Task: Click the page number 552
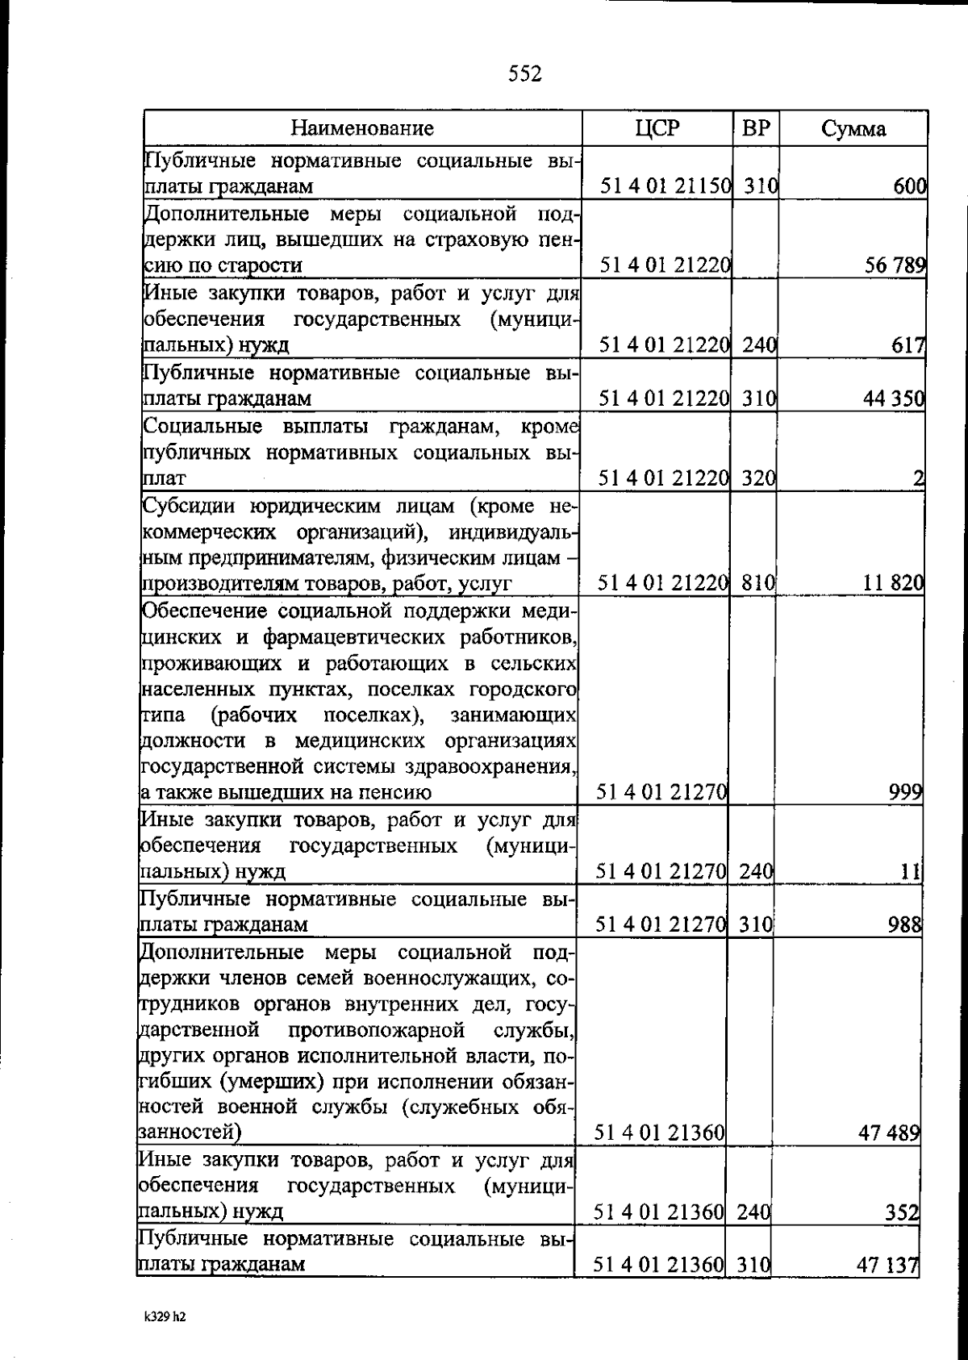point(525,74)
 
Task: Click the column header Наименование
point(362,128)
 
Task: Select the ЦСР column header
point(657,128)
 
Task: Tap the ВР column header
point(756,128)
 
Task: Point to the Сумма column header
point(853,129)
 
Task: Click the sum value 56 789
point(895,265)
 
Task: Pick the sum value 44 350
point(894,398)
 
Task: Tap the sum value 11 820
point(893,582)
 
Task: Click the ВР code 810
point(758,582)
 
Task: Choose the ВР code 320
point(758,478)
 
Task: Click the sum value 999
point(905,792)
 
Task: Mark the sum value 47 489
point(891,1133)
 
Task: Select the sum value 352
point(902,1212)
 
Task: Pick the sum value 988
point(904,924)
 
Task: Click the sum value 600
point(910,187)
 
